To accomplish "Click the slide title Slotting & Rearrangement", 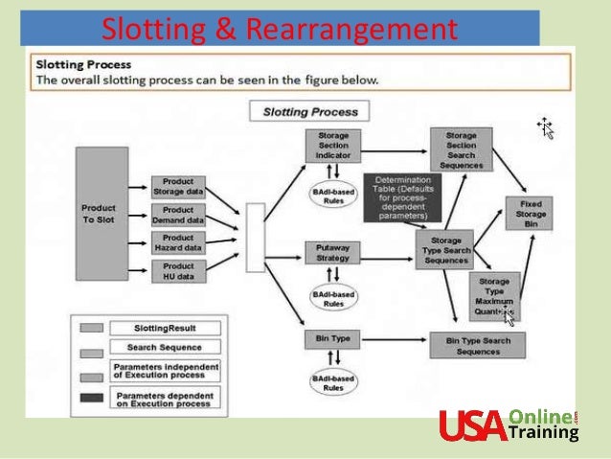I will [x=279, y=30].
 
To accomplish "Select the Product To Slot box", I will [x=99, y=214].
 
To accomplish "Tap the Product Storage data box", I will [x=178, y=186].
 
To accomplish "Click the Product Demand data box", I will [x=178, y=215].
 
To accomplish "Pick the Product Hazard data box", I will [x=178, y=242].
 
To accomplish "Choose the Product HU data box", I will [x=178, y=271].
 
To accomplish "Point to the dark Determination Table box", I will [x=402, y=197].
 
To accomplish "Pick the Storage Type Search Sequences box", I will [x=447, y=251].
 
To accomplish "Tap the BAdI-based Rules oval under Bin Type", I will [x=332, y=385].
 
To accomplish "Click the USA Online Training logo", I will [x=509, y=425].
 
